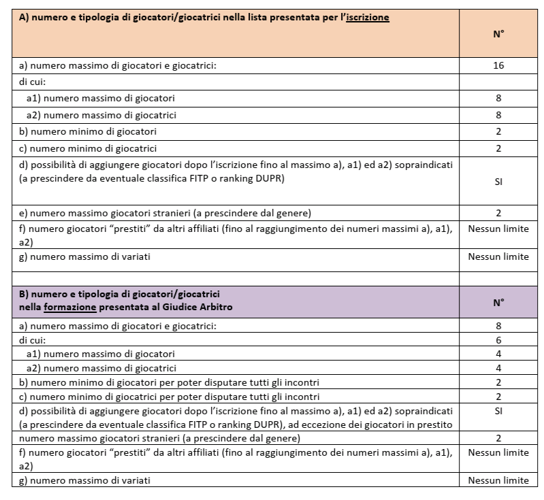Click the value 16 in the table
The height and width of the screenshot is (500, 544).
click(499, 66)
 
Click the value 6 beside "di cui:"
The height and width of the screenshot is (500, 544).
click(499, 339)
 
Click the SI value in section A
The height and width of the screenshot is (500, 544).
click(499, 182)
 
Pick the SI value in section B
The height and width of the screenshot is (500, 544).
click(499, 412)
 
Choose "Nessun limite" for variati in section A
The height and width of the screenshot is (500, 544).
click(499, 256)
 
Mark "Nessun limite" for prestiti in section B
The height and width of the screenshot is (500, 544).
click(499, 452)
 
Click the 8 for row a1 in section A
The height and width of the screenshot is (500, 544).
click(499, 98)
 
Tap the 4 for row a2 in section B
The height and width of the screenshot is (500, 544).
click(499, 368)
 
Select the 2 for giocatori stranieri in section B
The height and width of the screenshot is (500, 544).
click(499, 439)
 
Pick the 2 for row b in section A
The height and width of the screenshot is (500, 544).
click(499, 131)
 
